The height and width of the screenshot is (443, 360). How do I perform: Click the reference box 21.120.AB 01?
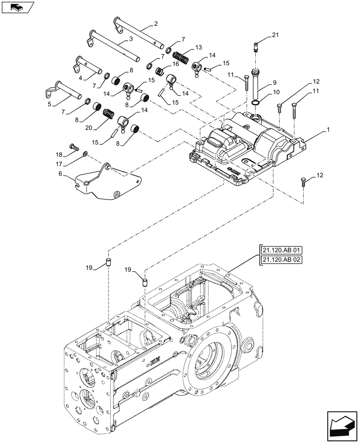tap(281, 250)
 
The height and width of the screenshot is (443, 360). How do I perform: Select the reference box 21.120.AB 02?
tap(281, 260)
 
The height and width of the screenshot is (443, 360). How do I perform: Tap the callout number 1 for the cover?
tap(328, 130)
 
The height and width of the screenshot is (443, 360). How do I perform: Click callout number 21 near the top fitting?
tap(275, 35)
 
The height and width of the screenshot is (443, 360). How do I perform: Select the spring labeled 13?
tap(180, 56)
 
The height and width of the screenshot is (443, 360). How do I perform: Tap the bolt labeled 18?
tap(74, 147)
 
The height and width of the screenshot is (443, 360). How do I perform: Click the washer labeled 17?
tap(85, 154)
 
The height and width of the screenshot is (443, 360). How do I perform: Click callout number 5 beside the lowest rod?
tap(49, 104)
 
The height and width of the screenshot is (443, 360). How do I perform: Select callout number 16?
tap(175, 64)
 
